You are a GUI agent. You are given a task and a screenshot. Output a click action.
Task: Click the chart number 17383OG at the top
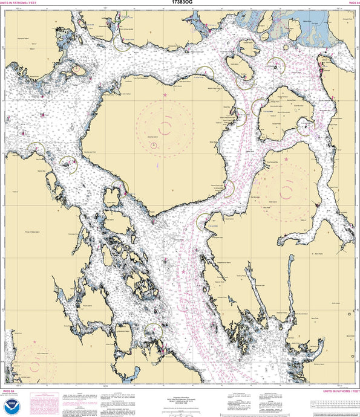[x=180, y=2]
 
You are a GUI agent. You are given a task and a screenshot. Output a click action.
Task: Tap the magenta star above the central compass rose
[x=165, y=95]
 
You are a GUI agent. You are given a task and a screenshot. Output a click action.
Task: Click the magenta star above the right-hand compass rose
[x=286, y=160]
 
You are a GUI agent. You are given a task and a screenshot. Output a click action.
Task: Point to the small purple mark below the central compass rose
[x=156, y=164]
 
